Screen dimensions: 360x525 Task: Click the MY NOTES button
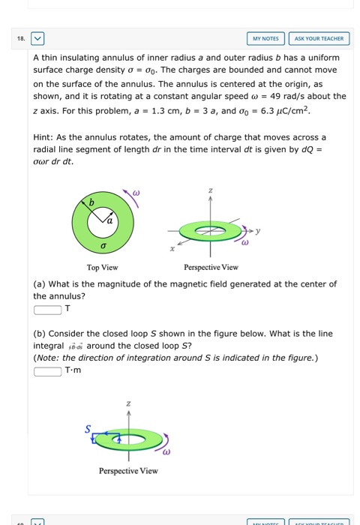[265, 38]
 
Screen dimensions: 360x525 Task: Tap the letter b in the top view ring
[92, 202]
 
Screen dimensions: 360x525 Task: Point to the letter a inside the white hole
[110, 219]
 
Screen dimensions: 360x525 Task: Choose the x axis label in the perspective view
[173, 247]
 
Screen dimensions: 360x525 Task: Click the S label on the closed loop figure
[88, 428]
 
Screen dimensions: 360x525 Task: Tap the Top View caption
[101, 267]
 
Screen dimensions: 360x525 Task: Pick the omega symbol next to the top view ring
[136, 193]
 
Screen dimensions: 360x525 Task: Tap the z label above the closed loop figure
[128, 403]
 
